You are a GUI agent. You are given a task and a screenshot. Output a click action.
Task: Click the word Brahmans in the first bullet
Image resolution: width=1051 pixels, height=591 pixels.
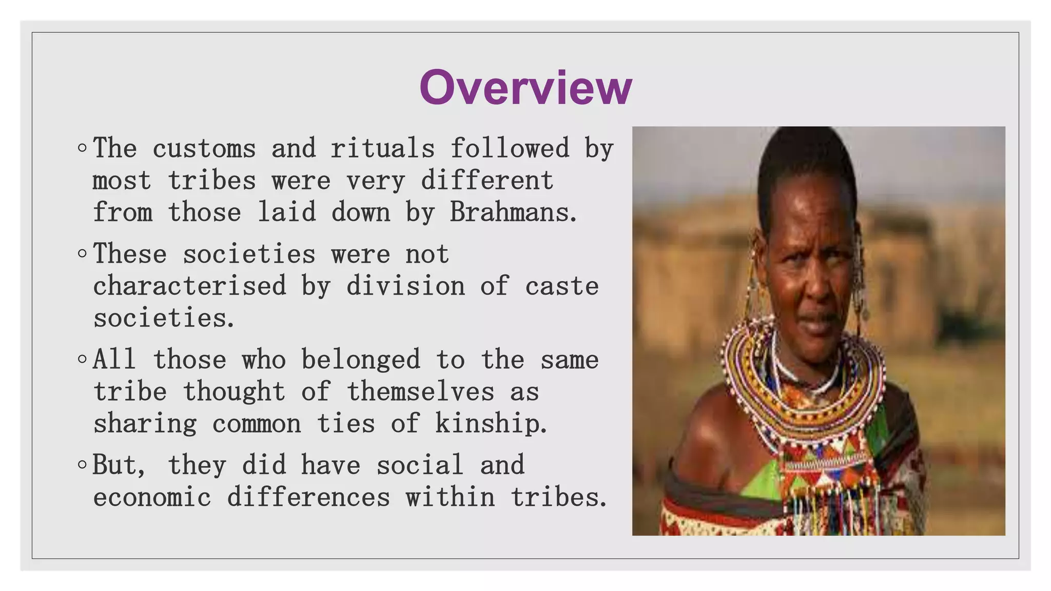[x=513, y=212]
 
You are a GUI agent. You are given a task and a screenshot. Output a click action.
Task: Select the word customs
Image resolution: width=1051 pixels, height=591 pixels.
[x=204, y=149]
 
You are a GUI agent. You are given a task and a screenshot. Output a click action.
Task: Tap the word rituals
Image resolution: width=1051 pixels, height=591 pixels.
[x=382, y=149]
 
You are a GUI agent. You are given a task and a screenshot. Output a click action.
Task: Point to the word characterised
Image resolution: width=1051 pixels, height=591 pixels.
[x=189, y=286]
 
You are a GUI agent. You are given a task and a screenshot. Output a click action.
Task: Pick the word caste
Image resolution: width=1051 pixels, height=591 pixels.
[x=561, y=286]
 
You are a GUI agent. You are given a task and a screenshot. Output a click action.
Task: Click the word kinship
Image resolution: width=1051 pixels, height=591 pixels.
[x=491, y=424]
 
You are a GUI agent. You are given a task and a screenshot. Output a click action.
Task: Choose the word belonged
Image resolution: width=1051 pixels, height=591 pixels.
[x=360, y=359]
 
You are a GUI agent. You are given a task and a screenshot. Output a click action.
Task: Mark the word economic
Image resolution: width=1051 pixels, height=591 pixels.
[x=152, y=497]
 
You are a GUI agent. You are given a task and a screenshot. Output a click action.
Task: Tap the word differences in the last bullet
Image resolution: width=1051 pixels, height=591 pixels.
[x=308, y=497]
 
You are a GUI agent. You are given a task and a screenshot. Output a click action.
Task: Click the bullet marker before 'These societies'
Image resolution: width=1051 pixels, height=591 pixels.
[x=82, y=254]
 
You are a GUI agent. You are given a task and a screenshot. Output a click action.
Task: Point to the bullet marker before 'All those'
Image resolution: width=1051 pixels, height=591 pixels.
[x=82, y=359]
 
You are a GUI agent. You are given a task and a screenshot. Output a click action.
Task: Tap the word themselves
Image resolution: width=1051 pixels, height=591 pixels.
[x=420, y=391]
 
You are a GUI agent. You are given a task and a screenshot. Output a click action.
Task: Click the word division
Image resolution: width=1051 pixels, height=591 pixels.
[x=405, y=286]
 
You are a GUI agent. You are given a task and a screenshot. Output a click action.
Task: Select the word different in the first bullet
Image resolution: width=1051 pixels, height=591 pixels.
[x=487, y=181]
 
